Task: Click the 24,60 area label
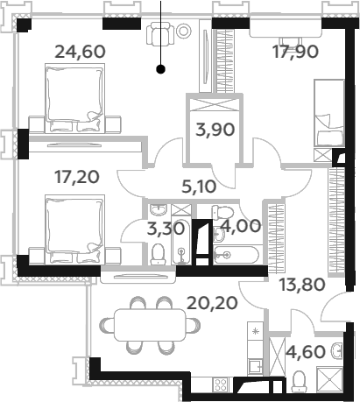click(80, 52)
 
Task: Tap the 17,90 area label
click(295, 52)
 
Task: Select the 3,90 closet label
click(215, 130)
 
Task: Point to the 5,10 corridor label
click(199, 187)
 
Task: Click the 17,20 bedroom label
click(77, 177)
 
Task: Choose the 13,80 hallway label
click(302, 285)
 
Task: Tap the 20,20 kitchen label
click(212, 303)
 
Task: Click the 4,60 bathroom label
click(306, 351)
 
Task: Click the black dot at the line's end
click(160, 69)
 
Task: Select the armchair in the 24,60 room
click(160, 33)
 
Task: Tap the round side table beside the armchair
click(184, 31)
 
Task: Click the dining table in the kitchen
click(150, 325)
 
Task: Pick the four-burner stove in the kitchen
click(220, 384)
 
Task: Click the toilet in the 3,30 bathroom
click(158, 254)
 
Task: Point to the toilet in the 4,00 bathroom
click(222, 213)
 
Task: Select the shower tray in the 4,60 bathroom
click(329, 379)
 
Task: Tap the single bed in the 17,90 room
click(328, 112)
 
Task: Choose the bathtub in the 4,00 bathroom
click(236, 255)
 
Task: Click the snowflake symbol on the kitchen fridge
click(256, 331)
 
